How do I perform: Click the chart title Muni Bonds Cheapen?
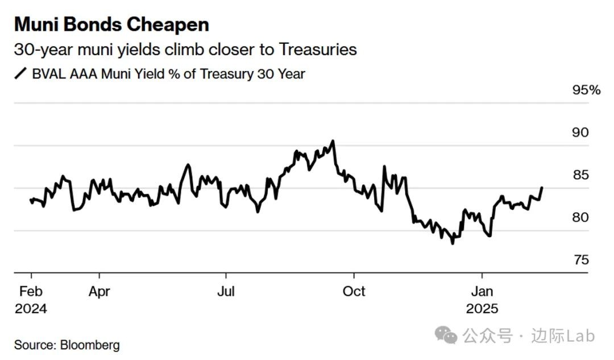[111, 24]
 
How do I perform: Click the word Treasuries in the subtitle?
[317, 49]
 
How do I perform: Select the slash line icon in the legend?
[20, 74]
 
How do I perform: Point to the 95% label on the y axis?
[586, 90]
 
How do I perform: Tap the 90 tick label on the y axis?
[580, 133]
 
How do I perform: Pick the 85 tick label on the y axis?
[580, 175]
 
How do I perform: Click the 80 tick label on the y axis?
[580, 218]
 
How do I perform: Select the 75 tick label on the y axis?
[580, 260]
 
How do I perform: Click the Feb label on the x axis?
[31, 292]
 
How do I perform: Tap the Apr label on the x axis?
[99, 292]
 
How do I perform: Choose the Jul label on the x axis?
[226, 292]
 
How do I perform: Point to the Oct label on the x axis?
[354, 292]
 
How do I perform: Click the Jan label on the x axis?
[482, 292]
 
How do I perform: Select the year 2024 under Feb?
[31, 309]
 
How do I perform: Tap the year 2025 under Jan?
[482, 309]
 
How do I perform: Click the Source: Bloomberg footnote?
[67, 345]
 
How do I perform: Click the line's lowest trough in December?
[453, 243]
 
